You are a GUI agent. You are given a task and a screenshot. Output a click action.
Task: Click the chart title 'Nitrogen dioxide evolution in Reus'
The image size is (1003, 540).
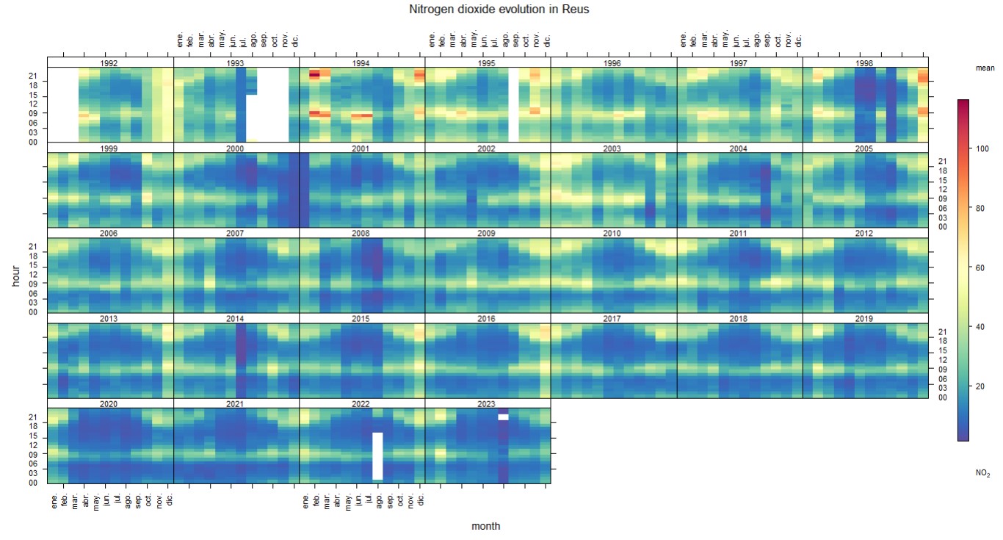(499, 10)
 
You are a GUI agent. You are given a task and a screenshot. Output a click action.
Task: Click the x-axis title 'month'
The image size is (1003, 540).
(486, 526)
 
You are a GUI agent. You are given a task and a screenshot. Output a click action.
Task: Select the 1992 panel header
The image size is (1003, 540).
(110, 62)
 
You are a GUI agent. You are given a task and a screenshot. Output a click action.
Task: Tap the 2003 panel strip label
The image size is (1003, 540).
(612, 148)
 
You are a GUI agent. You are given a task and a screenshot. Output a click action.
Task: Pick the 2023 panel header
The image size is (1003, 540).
(487, 403)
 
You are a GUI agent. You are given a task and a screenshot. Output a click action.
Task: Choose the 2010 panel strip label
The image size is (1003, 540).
(612, 234)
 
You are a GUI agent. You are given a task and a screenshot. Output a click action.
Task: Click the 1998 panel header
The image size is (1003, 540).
(865, 62)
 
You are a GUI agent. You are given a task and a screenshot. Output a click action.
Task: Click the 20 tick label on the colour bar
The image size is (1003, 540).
(978, 386)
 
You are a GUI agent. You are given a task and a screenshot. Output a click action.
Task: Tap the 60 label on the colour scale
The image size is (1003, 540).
(978, 267)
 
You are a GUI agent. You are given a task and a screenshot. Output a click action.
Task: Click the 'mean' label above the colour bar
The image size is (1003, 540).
(985, 68)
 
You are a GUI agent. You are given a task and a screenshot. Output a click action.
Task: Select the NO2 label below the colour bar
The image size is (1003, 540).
(982, 474)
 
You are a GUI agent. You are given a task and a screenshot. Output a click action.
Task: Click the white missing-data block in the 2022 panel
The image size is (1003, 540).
(377, 456)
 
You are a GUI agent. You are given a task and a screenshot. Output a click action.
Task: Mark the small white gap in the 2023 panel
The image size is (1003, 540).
(503, 417)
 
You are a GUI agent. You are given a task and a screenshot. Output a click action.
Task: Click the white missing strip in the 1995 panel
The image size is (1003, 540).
(513, 104)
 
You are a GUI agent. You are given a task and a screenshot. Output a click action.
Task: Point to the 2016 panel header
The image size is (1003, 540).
(487, 319)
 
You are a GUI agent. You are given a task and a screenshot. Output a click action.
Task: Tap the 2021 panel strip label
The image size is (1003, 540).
(236, 403)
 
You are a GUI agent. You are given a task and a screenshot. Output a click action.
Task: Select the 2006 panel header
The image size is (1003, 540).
(110, 234)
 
